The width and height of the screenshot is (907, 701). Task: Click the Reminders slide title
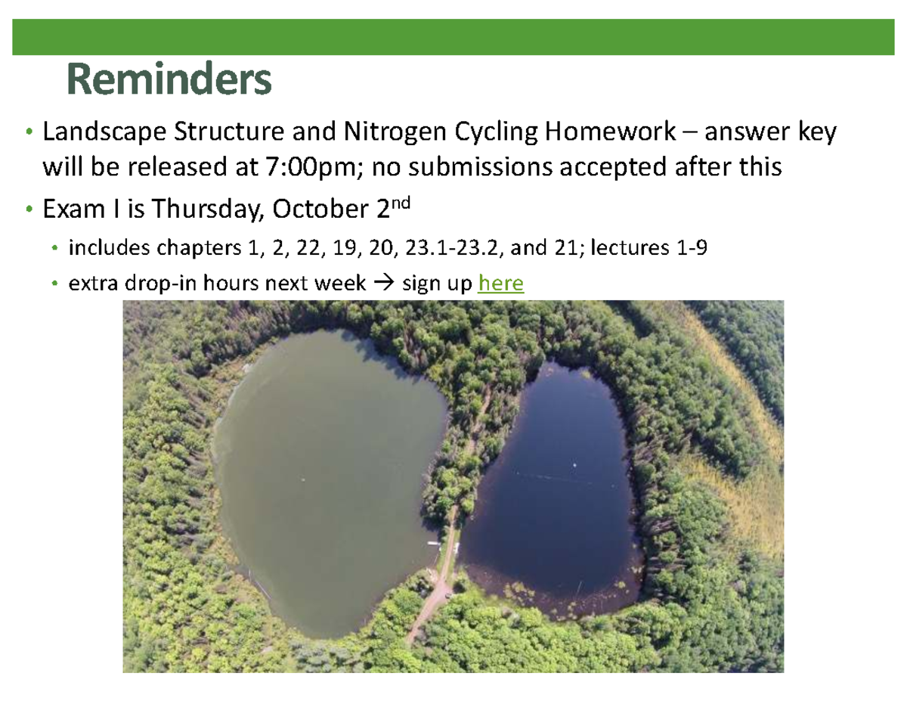(x=169, y=79)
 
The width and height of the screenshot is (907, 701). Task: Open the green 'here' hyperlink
(x=500, y=283)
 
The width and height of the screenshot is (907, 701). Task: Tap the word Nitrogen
(x=395, y=132)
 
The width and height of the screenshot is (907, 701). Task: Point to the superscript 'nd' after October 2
(x=401, y=203)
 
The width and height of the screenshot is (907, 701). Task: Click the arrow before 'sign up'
(x=384, y=283)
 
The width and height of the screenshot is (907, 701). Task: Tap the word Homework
(x=610, y=131)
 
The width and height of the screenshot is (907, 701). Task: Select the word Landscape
(x=104, y=132)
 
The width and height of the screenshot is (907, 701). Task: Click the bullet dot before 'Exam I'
(x=29, y=209)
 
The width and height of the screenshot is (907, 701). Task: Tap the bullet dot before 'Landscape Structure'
(x=29, y=132)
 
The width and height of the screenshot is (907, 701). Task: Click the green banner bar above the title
(x=453, y=37)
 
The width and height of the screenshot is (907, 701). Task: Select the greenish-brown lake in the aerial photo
(x=330, y=480)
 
